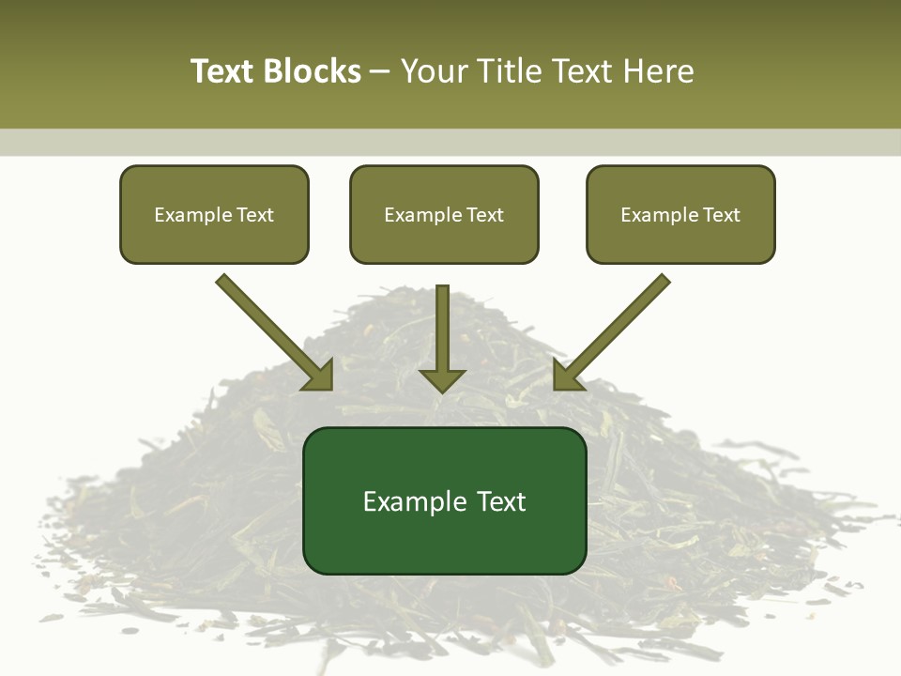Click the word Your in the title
click(x=430, y=71)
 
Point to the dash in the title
click(x=381, y=72)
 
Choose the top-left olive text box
click(x=214, y=214)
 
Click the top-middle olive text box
click(x=444, y=214)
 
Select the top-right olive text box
click(x=680, y=214)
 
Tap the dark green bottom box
click(x=444, y=500)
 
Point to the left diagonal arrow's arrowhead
click(x=320, y=376)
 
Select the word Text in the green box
click(x=501, y=501)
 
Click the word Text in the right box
click(x=721, y=215)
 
